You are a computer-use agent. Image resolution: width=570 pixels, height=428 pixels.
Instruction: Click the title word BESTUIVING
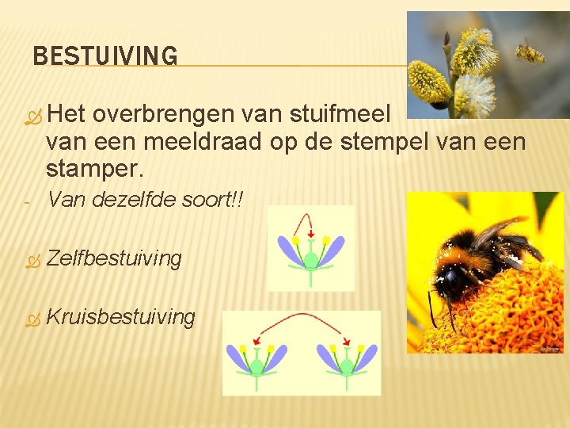pos(105,56)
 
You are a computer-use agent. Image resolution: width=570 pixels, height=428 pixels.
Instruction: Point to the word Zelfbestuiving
pos(114,258)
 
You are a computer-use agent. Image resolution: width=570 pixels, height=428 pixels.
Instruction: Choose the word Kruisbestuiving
pos(120,318)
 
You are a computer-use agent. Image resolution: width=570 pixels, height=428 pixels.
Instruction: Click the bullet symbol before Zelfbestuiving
pos(32,260)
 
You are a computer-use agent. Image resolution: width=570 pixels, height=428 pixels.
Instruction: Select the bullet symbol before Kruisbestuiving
pos(32,319)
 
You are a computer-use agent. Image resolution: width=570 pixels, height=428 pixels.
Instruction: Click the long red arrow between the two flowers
pos(301,320)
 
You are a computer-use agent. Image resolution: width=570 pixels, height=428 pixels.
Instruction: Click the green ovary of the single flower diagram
pos(311,259)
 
